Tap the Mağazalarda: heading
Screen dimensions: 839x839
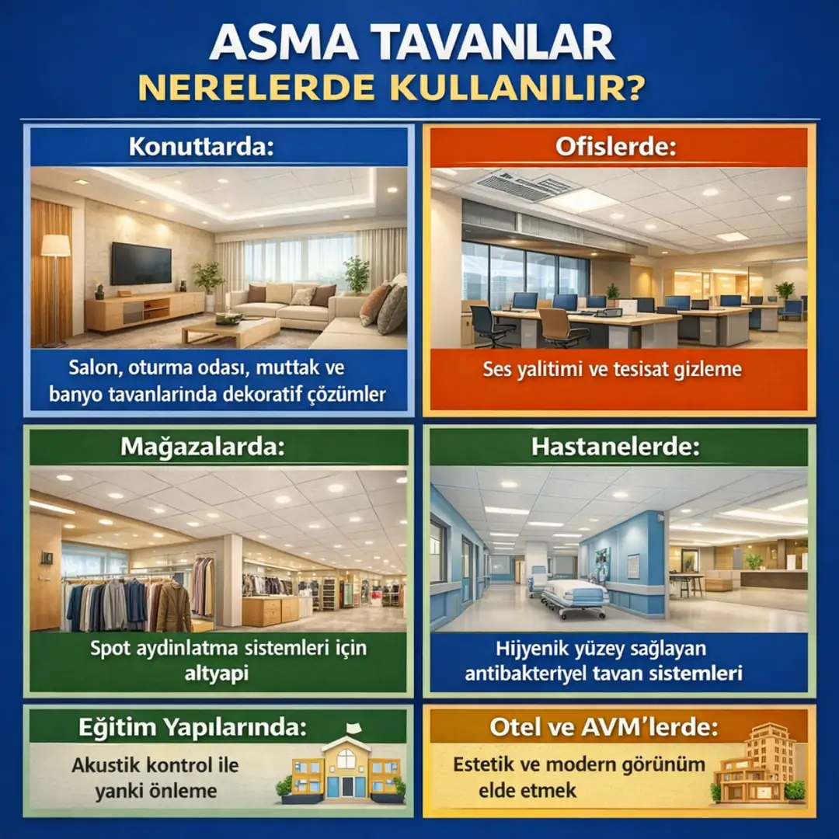click(x=202, y=447)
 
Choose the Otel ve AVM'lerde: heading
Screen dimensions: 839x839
click(x=604, y=728)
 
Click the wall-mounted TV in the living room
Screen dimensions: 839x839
click(x=141, y=263)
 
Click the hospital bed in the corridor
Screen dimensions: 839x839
click(x=575, y=597)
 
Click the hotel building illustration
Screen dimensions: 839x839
click(x=757, y=765)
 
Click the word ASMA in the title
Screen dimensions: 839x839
click(x=282, y=46)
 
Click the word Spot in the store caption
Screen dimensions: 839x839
click(x=110, y=646)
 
